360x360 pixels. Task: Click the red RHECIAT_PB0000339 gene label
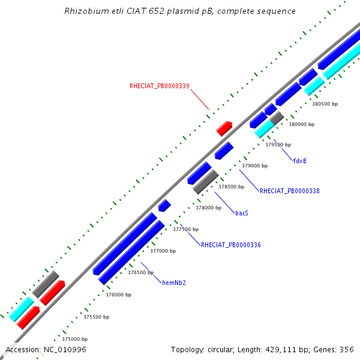pyautogui.click(x=160, y=86)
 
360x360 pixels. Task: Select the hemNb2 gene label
pyautogui.click(x=174, y=283)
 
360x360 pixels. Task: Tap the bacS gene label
pyautogui.click(x=242, y=213)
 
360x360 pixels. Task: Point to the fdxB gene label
pyautogui.click(x=300, y=161)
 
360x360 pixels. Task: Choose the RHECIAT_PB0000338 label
pyautogui.click(x=290, y=191)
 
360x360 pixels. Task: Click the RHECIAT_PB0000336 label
pyautogui.click(x=231, y=245)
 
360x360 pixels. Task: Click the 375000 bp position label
pyautogui.click(x=74, y=339)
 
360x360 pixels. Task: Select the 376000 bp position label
pyautogui.click(x=118, y=295)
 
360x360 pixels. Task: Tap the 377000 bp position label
pyautogui.click(x=163, y=251)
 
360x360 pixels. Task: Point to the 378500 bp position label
pyautogui.click(x=231, y=187)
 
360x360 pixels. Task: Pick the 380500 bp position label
pyautogui.click(x=325, y=104)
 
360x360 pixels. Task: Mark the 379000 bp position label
pyautogui.click(x=254, y=166)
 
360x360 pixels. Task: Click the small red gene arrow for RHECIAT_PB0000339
pyautogui.click(x=224, y=128)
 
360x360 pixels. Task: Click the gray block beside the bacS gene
pyautogui.click(x=206, y=182)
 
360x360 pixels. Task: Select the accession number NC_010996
pyautogui.click(x=65, y=350)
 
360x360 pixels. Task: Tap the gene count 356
pyautogui.click(x=347, y=350)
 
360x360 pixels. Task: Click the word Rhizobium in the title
pyautogui.click(x=86, y=11)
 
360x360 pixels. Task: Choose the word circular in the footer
pyautogui.click(x=221, y=350)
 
